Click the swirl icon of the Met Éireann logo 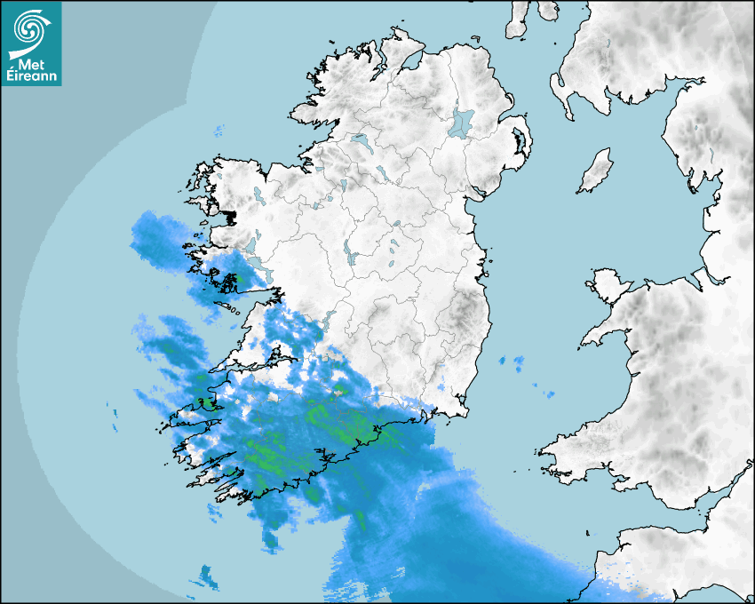click(32, 28)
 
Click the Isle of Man click(595, 171)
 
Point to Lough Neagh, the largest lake click(460, 122)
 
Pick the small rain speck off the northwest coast click(219, 132)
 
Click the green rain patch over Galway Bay click(236, 281)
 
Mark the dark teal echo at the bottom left click(207, 577)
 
